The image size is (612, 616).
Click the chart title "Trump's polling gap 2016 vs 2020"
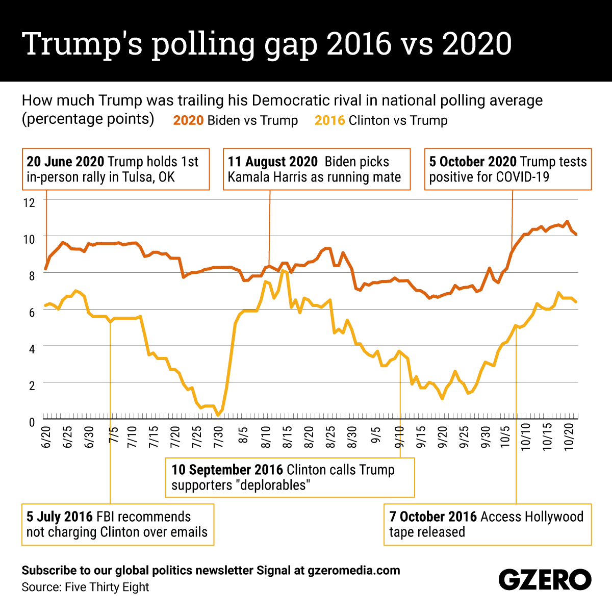click(x=266, y=43)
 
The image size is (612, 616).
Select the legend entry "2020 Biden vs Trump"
click(x=235, y=120)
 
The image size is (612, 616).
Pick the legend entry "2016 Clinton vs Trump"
click(x=381, y=120)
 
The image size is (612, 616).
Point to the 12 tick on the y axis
click(x=29, y=202)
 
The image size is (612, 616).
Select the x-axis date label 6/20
click(x=46, y=438)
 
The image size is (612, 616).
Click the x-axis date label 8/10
click(x=266, y=438)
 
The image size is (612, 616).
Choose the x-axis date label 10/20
click(x=570, y=438)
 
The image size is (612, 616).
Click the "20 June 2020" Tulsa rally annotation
click(x=115, y=169)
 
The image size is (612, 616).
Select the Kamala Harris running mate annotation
click(x=316, y=169)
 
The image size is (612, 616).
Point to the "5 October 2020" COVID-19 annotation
click(x=508, y=169)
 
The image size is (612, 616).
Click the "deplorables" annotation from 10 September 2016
click(x=289, y=477)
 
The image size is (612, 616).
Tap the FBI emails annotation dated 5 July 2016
click(x=117, y=525)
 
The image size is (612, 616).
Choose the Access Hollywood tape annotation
click(x=487, y=525)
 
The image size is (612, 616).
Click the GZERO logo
click(x=544, y=580)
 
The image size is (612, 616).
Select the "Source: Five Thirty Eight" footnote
click(x=85, y=587)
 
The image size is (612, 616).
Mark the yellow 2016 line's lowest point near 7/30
click(x=218, y=415)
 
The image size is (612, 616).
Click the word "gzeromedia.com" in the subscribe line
click(x=354, y=570)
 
